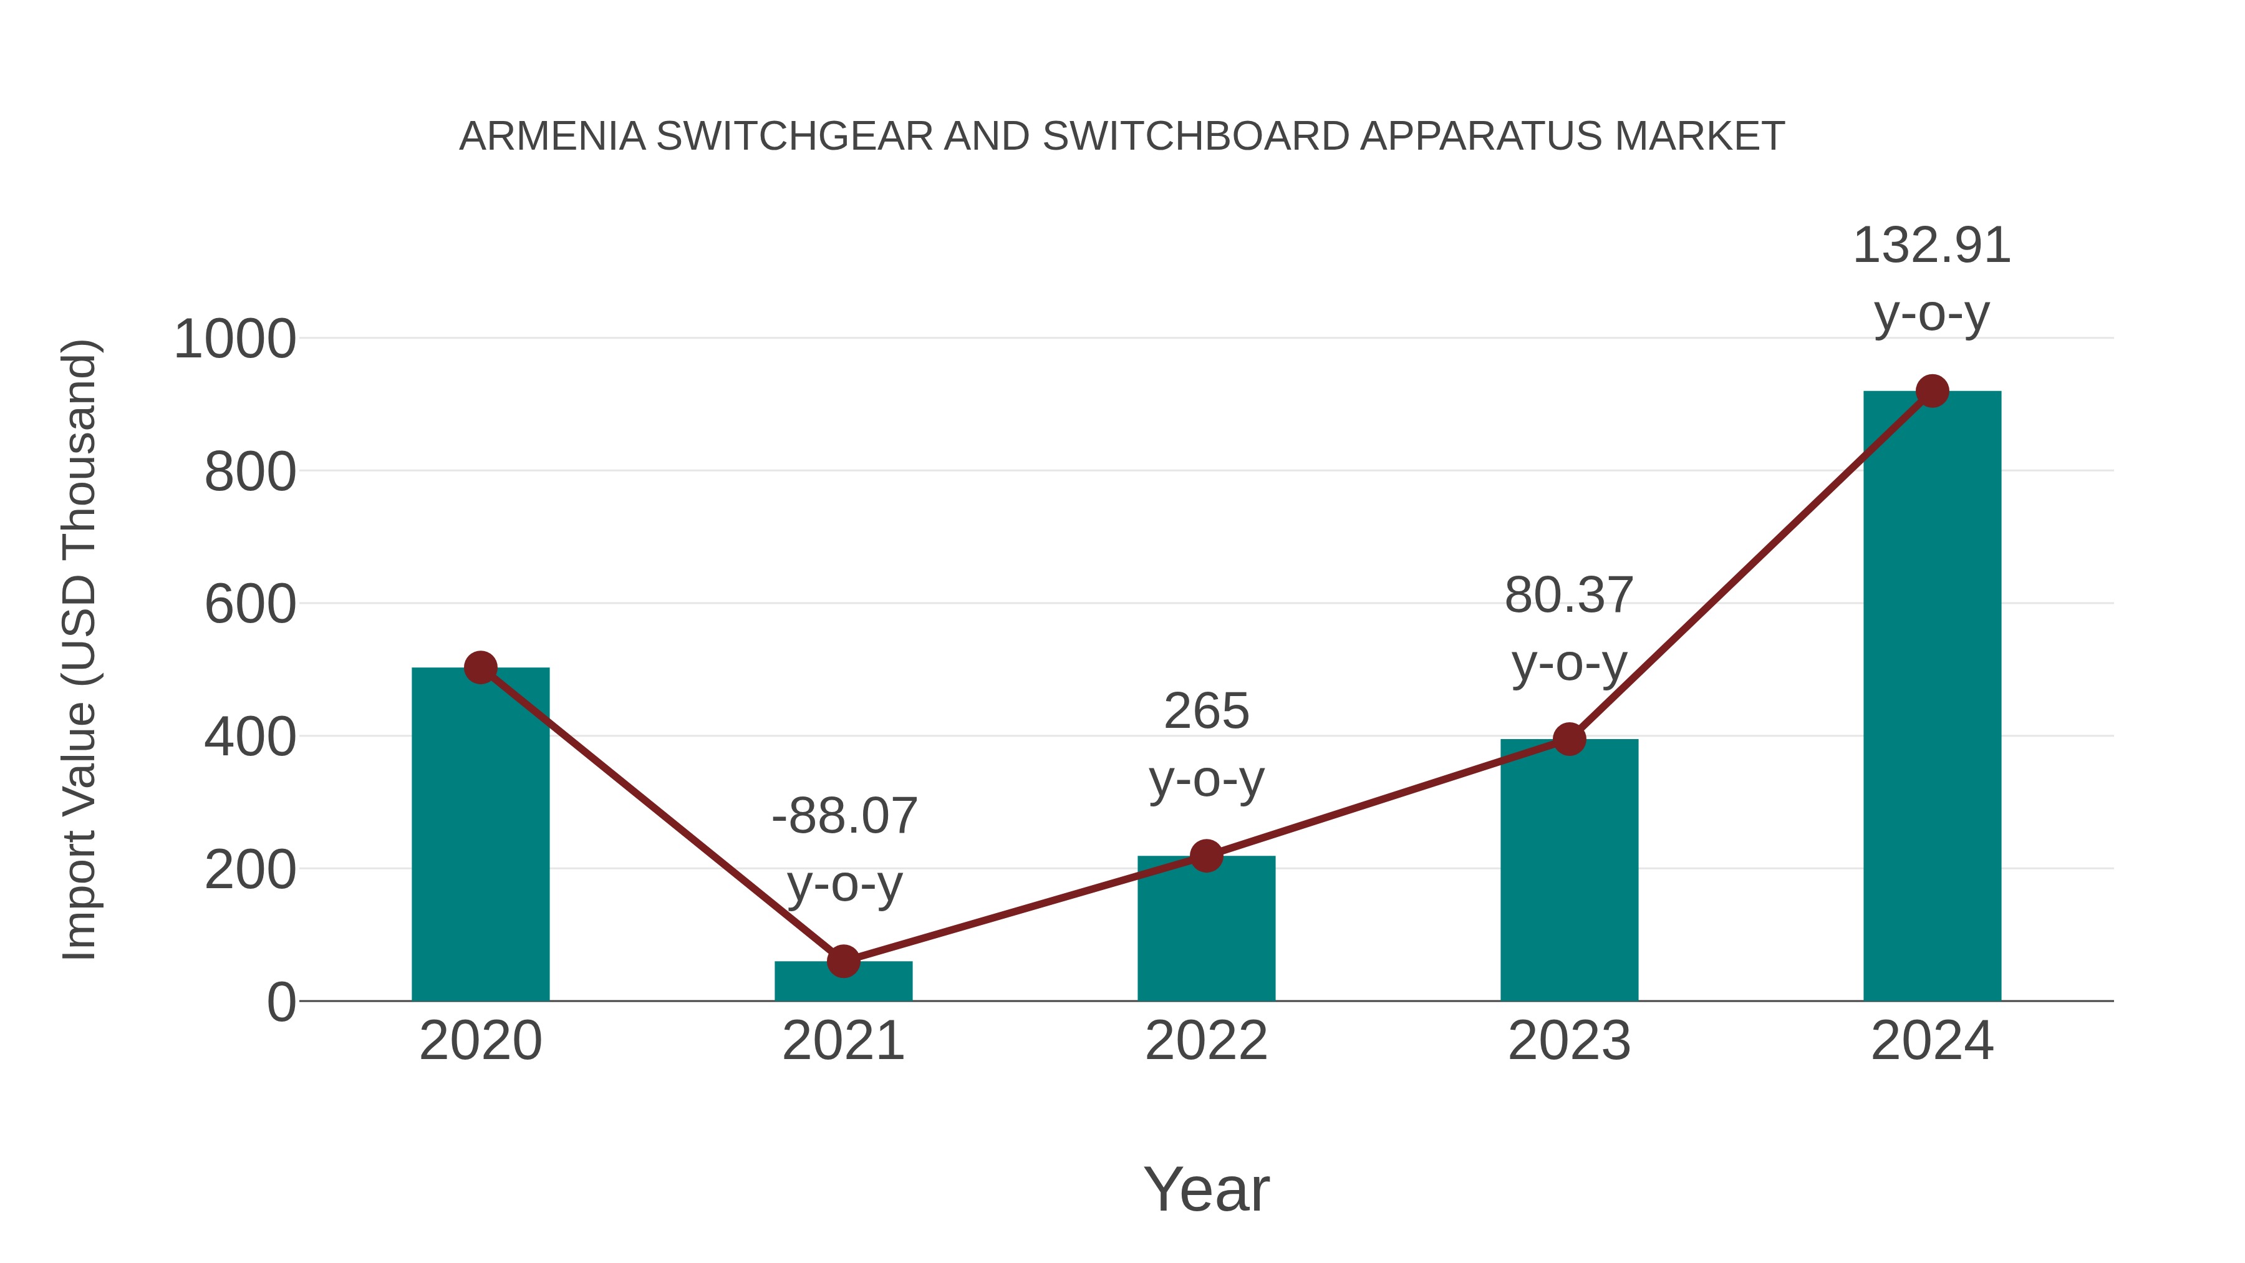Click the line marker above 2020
point(480,667)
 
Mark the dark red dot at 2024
point(1932,391)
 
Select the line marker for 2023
point(1569,739)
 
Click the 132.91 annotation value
point(1931,246)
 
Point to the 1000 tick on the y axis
point(235,340)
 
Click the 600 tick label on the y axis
point(250,605)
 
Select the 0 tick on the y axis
point(281,1002)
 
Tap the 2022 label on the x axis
point(1205,1041)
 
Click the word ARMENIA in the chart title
point(552,137)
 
